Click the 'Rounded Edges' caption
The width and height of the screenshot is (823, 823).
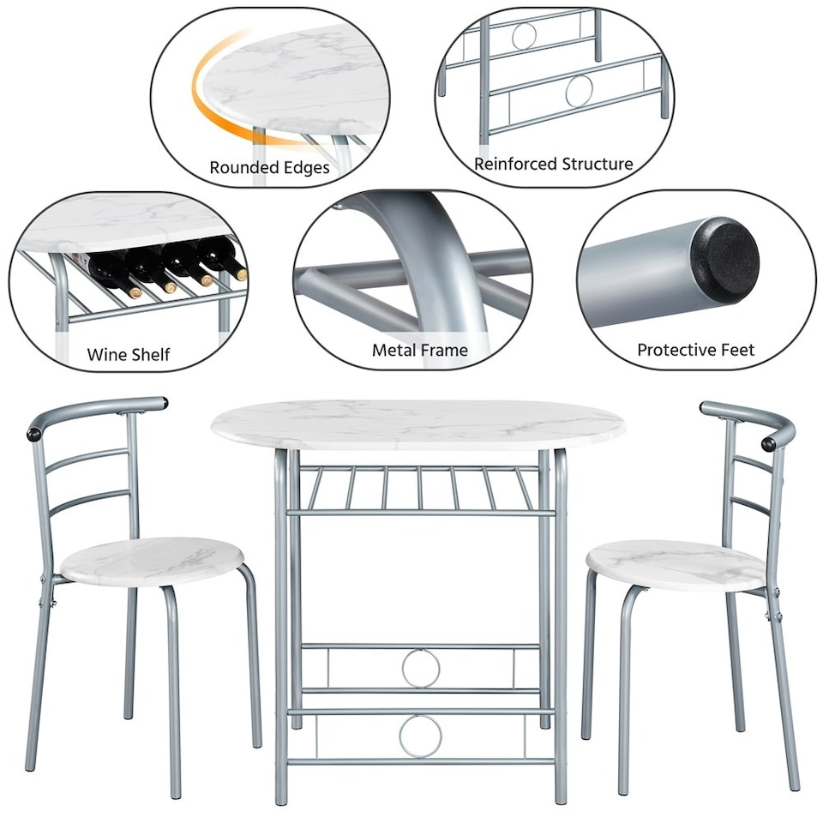pyautogui.click(x=269, y=168)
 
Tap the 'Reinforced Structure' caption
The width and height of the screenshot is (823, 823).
pyautogui.click(x=554, y=164)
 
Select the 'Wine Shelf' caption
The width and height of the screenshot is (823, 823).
pyautogui.click(x=129, y=354)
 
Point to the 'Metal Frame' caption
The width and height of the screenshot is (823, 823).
pyautogui.click(x=420, y=350)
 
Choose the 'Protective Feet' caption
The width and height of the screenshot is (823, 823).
pyautogui.click(x=695, y=350)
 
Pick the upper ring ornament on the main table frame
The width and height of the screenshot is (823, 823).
pyautogui.click(x=421, y=668)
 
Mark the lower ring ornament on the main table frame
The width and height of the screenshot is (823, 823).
pyautogui.click(x=421, y=736)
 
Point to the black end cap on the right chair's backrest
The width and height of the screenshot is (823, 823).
pyautogui.click(x=770, y=443)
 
